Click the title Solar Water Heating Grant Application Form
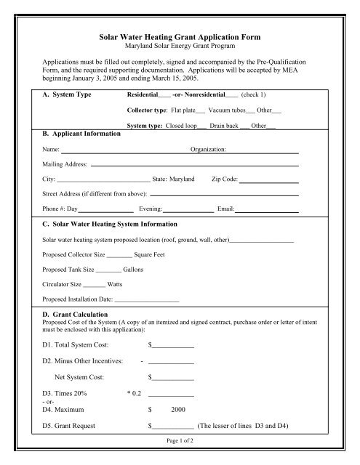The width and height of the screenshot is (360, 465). pos(180,36)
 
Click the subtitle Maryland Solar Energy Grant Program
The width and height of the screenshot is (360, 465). pos(180,46)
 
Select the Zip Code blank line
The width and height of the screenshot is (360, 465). pos(269,179)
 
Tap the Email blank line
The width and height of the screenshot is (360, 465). pos(267,210)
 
